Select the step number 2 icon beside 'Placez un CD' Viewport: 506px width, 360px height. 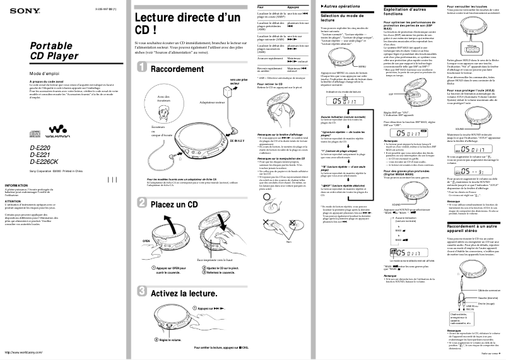pos(141,204)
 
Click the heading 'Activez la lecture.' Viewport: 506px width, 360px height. pos(184,293)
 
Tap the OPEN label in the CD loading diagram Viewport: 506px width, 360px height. pos(146,241)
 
